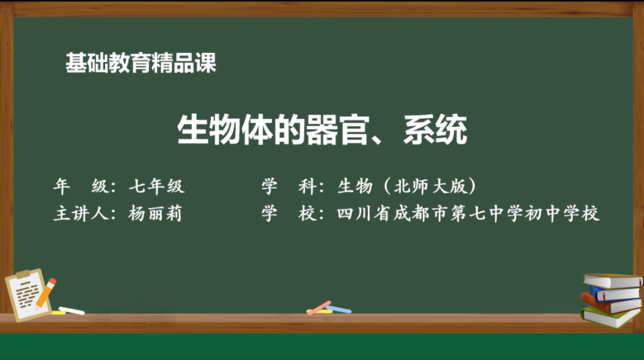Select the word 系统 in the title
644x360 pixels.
pyautogui.click(x=435, y=130)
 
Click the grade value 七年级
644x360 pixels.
pyautogui.click(x=157, y=187)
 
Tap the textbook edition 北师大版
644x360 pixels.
pyautogui.click(x=429, y=187)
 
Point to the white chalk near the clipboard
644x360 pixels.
pyautogui.click(x=72, y=310)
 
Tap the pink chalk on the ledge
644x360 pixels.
pyautogui.click(x=319, y=307)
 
